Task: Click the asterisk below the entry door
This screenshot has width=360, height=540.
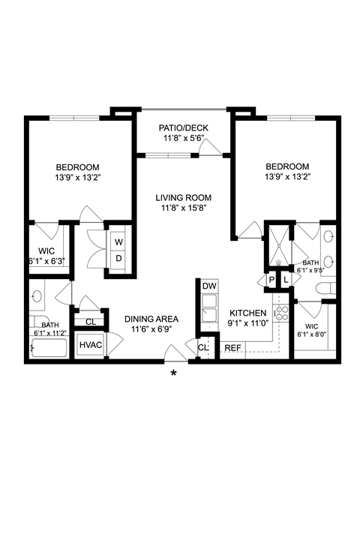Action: pyautogui.click(x=174, y=373)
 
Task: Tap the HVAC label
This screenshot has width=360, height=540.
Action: pyautogui.click(x=91, y=345)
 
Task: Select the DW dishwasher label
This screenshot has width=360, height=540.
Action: pyautogui.click(x=209, y=286)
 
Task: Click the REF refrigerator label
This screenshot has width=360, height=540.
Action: pyautogui.click(x=233, y=348)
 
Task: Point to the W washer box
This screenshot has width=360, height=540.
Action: pyautogui.click(x=118, y=241)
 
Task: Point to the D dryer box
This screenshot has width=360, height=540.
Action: pyautogui.click(x=118, y=258)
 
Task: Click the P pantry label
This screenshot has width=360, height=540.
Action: pyautogui.click(x=271, y=280)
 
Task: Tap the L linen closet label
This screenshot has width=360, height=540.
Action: pyautogui.click(x=286, y=280)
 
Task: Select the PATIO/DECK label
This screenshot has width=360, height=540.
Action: pyautogui.click(x=184, y=128)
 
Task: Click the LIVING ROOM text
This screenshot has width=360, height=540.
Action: pyautogui.click(x=183, y=198)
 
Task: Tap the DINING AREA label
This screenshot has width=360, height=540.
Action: pyautogui.click(x=151, y=319)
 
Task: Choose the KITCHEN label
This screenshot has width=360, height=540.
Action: pyautogui.click(x=248, y=313)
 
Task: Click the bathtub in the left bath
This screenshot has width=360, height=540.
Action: pyautogui.click(x=48, y=349)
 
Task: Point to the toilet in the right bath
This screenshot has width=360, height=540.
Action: pyautogui.click(x=325, y=288)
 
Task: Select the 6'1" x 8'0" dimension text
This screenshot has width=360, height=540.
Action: pyautogui.click(x=312, y=334)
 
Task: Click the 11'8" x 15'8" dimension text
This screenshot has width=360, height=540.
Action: pyautogui.click(x=183, y=208)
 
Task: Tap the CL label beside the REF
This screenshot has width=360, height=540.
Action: pyautogui.click(x=203, y=348)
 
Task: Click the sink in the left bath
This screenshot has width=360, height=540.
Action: pyautogui.click(x=37, y=296)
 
